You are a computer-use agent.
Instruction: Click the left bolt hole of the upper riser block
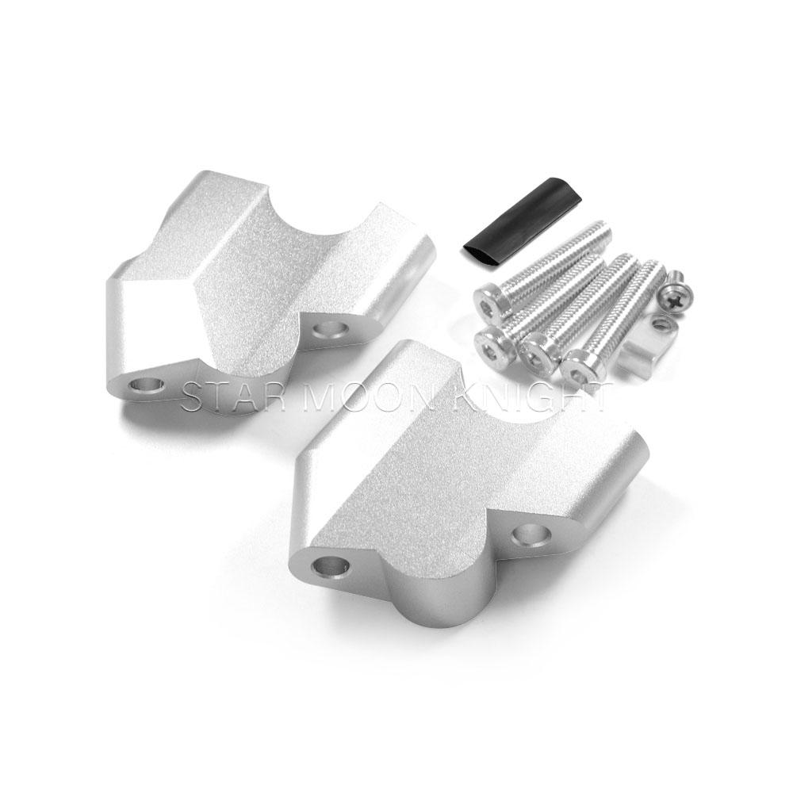pyautogui.click(x=147, y=388)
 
